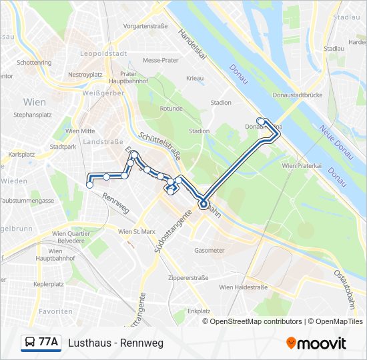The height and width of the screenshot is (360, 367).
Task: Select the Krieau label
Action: (x=195, y=78)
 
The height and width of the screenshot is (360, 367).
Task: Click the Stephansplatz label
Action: (x=33, y=115)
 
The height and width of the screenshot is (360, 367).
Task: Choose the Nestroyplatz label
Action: (x=85, y=75)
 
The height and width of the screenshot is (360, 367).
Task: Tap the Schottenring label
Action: (x=34, y=63)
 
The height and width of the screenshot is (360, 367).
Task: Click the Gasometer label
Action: (x=209, y=251)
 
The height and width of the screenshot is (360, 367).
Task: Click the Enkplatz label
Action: (x=199, y=311)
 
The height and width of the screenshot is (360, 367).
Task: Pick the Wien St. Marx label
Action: (x=136, y=231)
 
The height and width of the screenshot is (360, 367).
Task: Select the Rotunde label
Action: (x=171, y=108)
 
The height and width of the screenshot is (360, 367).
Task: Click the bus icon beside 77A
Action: (x=29, y=343)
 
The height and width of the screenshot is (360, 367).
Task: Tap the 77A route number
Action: (x=49, y=343)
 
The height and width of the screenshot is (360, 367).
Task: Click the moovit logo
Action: (x=316, y=343)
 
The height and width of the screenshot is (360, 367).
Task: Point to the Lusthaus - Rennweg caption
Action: (x=115, y=343)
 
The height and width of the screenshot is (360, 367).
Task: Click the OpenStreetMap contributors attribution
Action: (x=256, y=321)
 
